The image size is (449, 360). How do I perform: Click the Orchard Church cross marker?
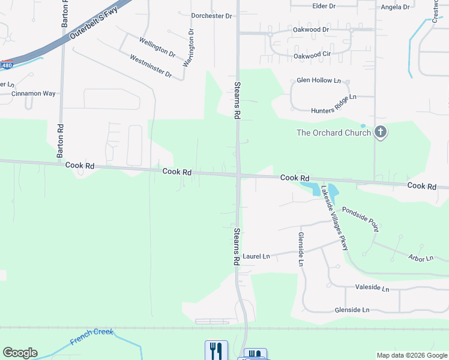point(380,132)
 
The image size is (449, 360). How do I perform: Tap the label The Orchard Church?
point(334,133)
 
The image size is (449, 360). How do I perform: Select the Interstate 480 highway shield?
point(6,65)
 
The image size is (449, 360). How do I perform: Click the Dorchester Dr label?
point(211,16)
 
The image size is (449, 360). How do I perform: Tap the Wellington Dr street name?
point(157,47)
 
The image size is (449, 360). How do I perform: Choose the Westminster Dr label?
point(151,67)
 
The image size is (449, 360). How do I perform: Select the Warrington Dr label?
point(188,47)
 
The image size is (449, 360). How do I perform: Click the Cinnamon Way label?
point(33,94)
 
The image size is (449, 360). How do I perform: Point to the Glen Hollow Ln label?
point(318,80)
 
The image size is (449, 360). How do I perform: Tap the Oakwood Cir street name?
point(312,55)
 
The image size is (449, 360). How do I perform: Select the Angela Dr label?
point(395,7)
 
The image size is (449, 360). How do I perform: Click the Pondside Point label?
point(360,220)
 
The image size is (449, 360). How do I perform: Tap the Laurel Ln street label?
point(256,256)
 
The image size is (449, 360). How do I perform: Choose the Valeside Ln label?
point(372,288)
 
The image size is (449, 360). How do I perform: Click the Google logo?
point(20,353)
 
